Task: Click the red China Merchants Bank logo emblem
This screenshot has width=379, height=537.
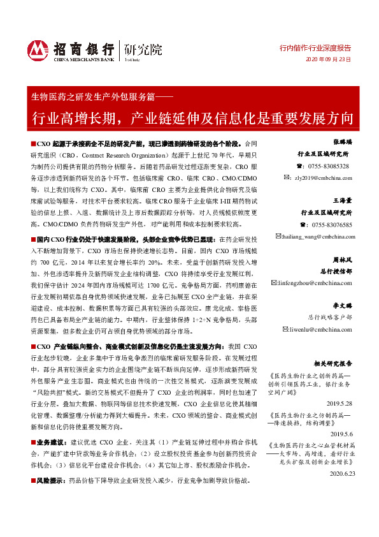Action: coord(37,49)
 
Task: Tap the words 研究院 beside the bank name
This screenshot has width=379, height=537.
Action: coord(143,48)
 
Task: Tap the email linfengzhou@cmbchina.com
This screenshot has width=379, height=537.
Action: coord(318,283)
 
